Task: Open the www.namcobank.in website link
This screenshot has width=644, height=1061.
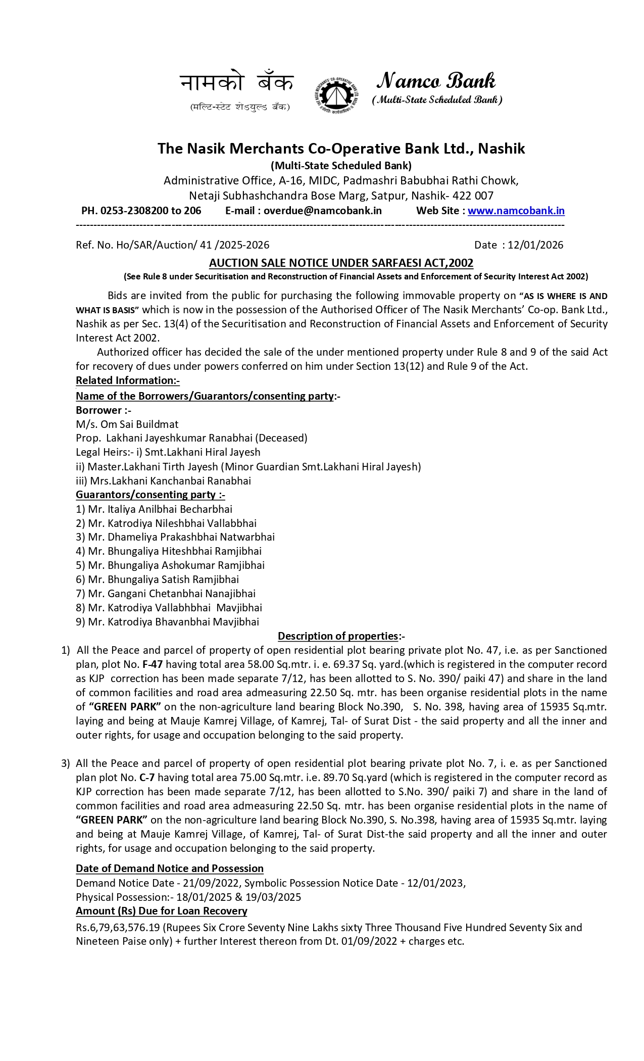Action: click(x=516, y=211)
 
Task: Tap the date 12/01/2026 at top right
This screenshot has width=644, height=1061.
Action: click(x=535, y=245)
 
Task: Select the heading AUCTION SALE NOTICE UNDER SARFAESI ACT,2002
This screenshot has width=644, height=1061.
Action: click(x=341, y=263)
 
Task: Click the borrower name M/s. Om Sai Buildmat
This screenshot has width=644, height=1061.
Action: click(x=127, y=424)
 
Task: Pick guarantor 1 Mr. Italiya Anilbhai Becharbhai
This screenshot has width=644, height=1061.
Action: click(x=154, y=509)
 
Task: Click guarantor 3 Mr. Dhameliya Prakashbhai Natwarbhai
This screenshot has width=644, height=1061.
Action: click(x=175, y=537)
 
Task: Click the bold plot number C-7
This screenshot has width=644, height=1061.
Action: click(x=147, y=778)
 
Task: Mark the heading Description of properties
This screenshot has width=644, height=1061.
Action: click(x=338, y=636)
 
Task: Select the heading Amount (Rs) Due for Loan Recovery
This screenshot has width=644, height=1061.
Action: click(x=162, y=911)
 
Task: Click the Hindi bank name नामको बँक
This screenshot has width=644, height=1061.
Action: click(x=236, y=83)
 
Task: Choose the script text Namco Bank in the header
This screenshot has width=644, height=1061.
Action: click(x=436, y=81)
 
